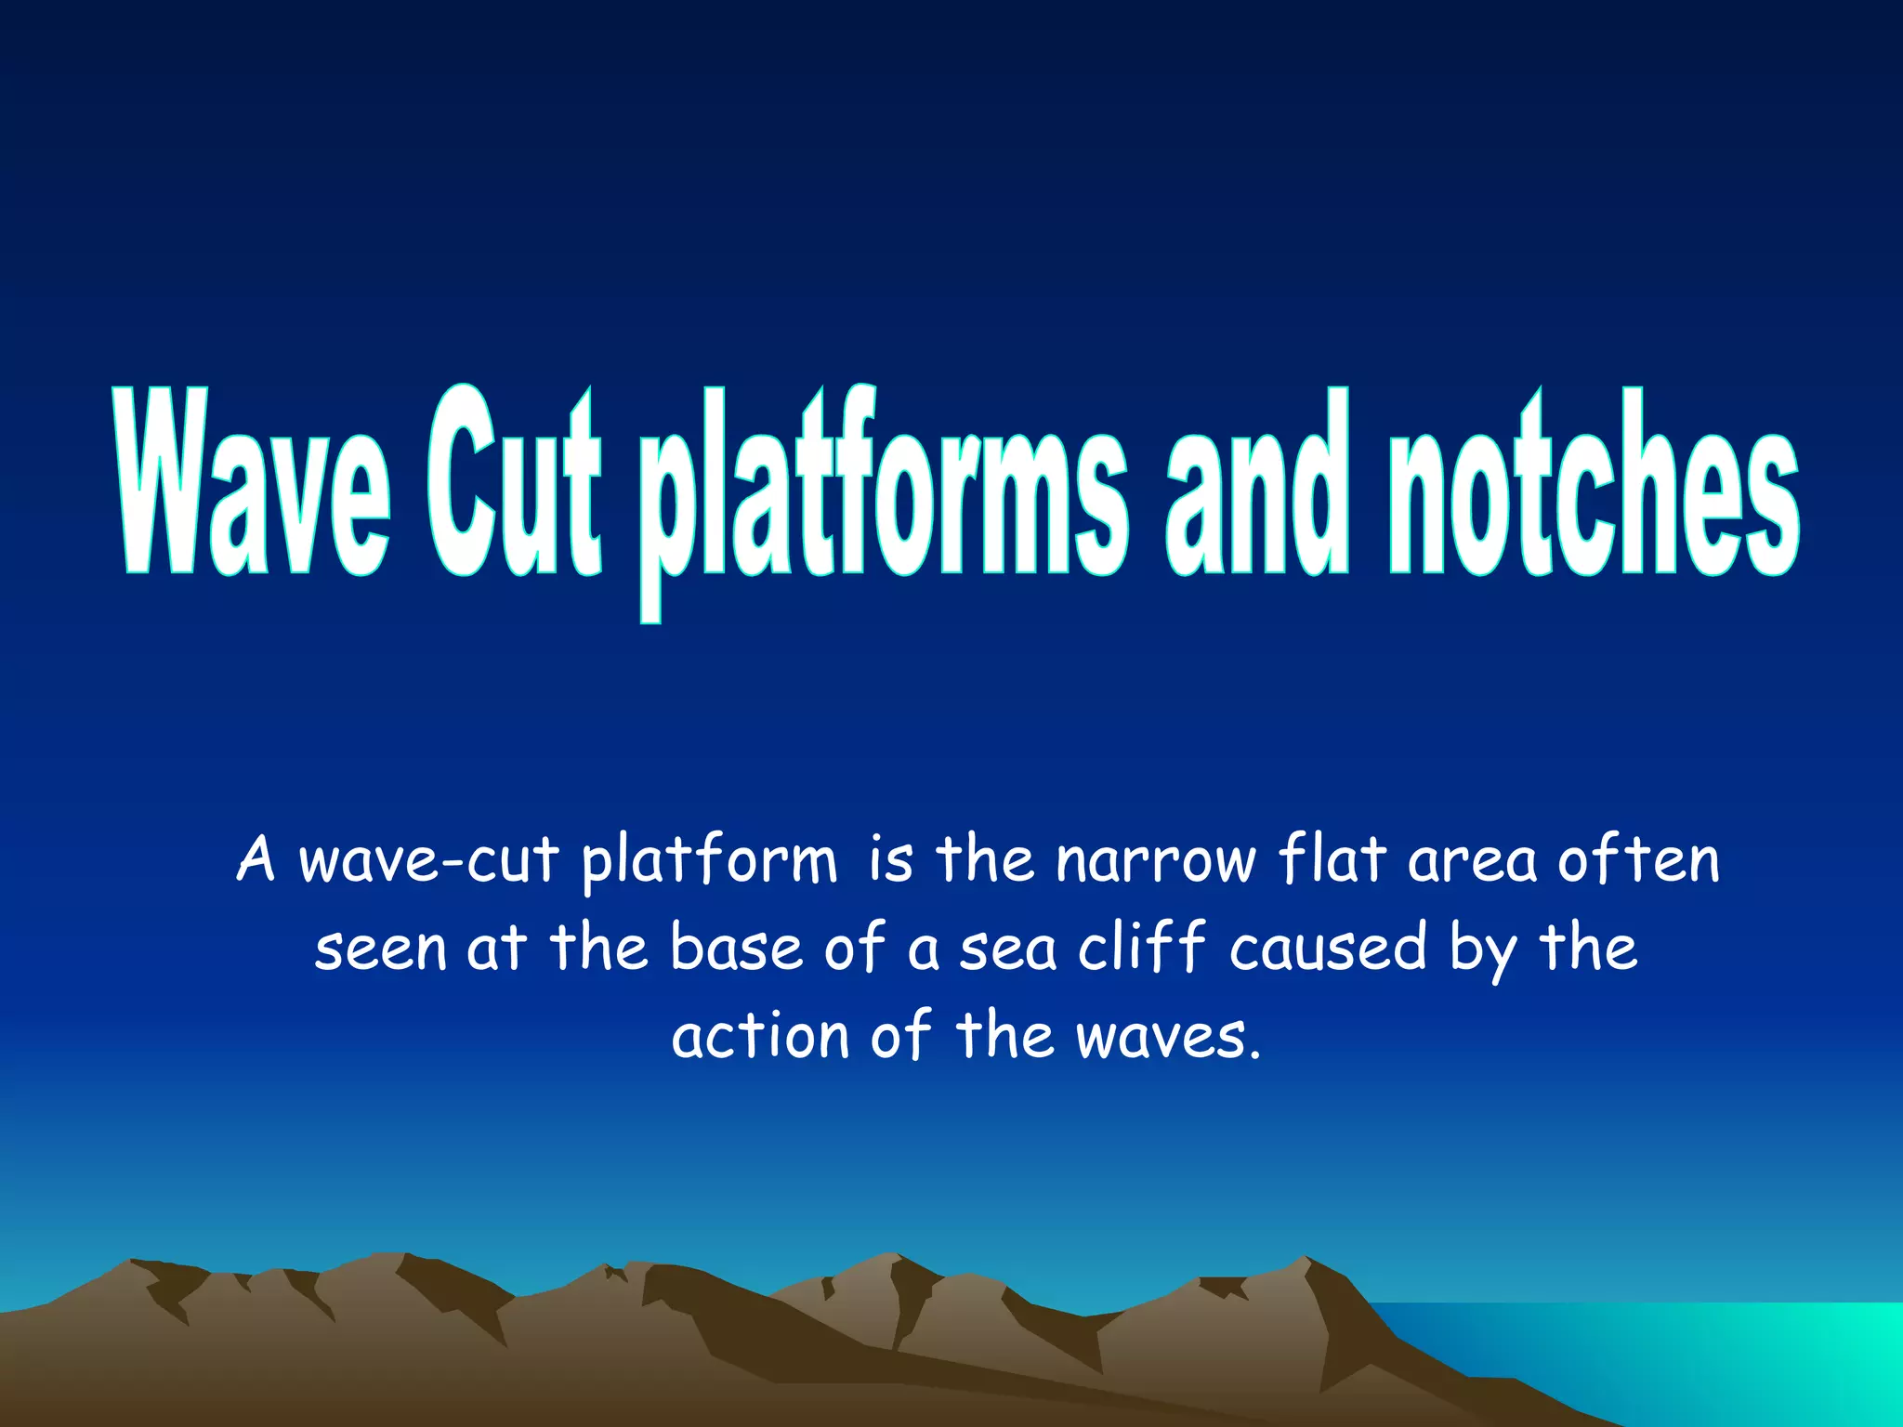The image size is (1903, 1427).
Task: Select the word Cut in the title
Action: click(514, 483)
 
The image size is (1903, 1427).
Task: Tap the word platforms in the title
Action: click(883, 492)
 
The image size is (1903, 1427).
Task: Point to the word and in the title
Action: click(1255, 483)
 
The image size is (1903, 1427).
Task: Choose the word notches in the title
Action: click(1594, 483)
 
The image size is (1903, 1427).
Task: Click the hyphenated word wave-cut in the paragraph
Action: click(428, 860)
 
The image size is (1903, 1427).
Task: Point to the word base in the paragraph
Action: click(736, 948)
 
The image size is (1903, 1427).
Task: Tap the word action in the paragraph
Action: click(760, 1035)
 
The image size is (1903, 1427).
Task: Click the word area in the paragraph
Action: click(1472, 860)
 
